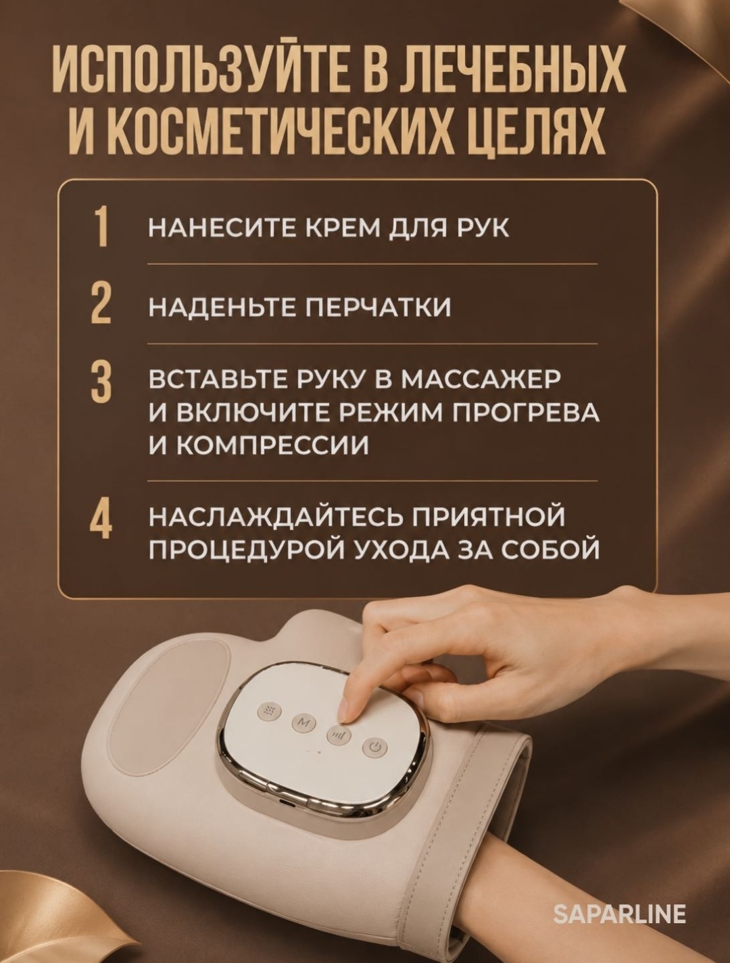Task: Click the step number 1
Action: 102,228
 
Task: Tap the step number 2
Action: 101,306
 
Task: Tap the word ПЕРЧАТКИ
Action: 379,307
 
